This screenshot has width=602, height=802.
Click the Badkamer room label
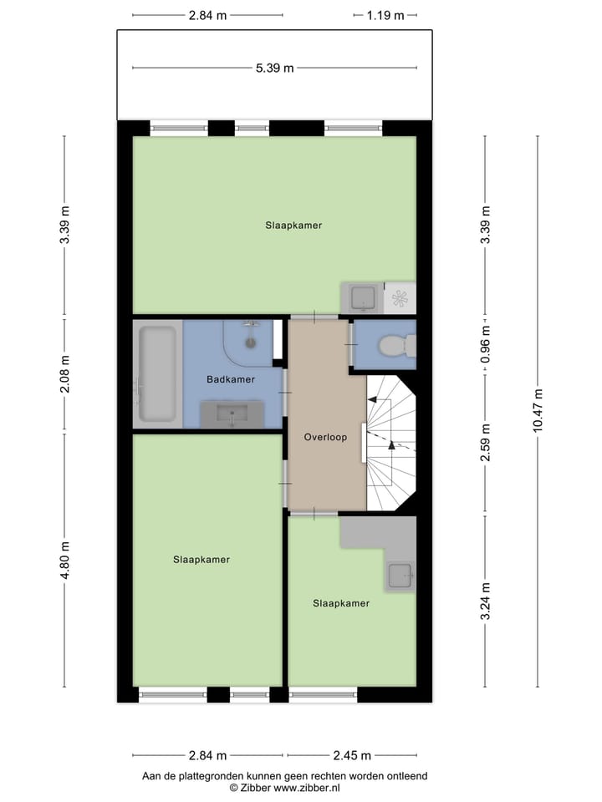point(231,379)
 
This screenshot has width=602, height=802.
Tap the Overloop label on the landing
point(325,437)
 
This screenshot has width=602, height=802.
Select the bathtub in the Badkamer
point(157,373)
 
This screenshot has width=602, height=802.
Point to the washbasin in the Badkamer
point(232,413)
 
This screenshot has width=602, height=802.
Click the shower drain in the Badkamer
point(249,342)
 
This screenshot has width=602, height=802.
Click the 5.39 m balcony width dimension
point(274,69)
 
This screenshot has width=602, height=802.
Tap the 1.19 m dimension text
point(385,15)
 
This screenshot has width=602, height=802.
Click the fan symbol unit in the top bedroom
point(399,297)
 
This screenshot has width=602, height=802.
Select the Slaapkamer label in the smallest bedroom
point(341,603)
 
